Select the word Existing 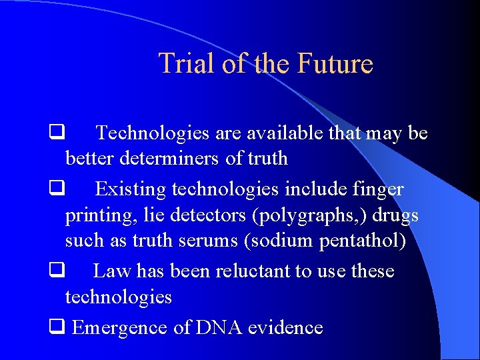click(x=131, y=189)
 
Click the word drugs click(x=396, y=216)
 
